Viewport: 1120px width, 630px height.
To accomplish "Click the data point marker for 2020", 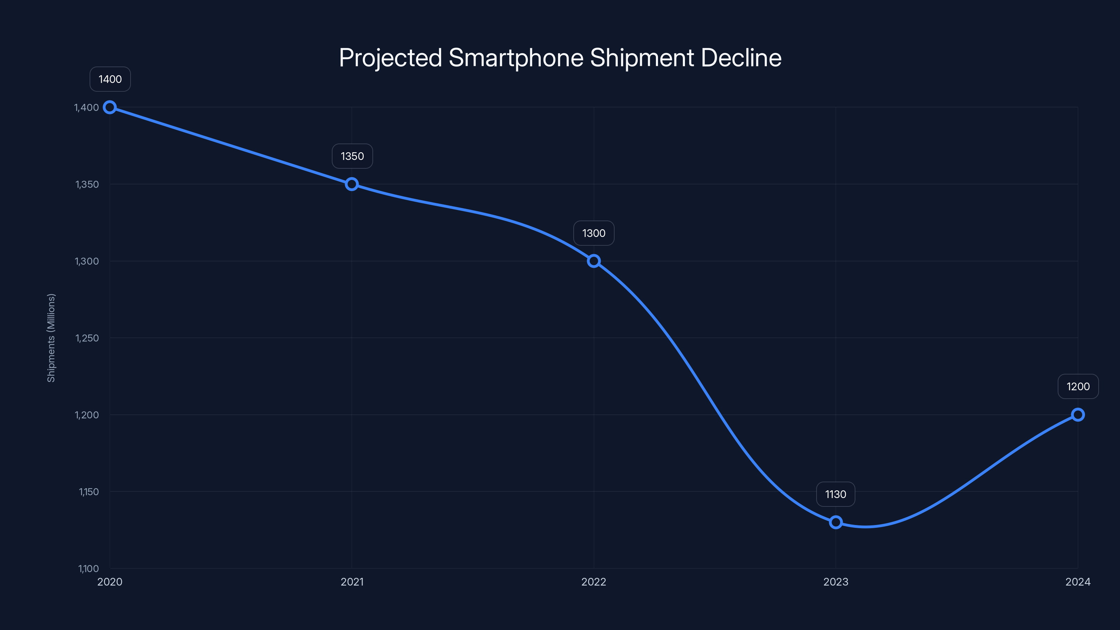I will (110, 107).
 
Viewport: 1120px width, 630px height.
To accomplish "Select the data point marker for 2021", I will (352, 184).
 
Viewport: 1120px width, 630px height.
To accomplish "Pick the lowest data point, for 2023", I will (836, 522).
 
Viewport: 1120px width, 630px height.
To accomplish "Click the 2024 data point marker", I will (1078, 415).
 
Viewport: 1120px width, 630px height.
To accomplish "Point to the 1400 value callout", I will (110, 79).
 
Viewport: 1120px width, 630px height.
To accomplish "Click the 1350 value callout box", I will (352, 156).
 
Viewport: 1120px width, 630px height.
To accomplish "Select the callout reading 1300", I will (594, 233).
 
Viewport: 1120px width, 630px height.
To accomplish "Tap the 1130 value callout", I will (836, 494).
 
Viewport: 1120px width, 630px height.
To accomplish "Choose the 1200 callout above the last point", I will (1078, 386).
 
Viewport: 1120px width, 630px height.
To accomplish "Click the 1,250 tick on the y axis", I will (87, 338).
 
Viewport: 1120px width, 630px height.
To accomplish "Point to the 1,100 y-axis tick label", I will (88, 569).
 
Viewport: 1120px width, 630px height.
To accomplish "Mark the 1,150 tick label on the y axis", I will (89, 492).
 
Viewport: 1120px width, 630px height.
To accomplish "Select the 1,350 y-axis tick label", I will (87, 184).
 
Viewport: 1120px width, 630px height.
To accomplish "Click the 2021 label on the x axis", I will (352, 582).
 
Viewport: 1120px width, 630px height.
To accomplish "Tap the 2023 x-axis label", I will (836, 582).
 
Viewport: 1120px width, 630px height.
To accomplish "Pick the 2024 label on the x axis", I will (1078, 582).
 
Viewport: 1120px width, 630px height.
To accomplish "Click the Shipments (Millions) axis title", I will (51, 338).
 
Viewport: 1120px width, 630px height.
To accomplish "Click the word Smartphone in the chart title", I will (516, 58).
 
